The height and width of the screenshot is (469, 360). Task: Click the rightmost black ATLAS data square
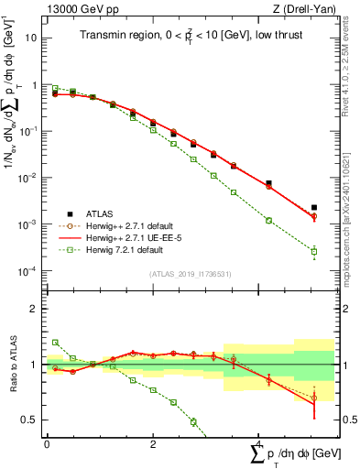click(x=314, y=208)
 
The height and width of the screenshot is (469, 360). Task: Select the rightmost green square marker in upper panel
click(x=314, y=251)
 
